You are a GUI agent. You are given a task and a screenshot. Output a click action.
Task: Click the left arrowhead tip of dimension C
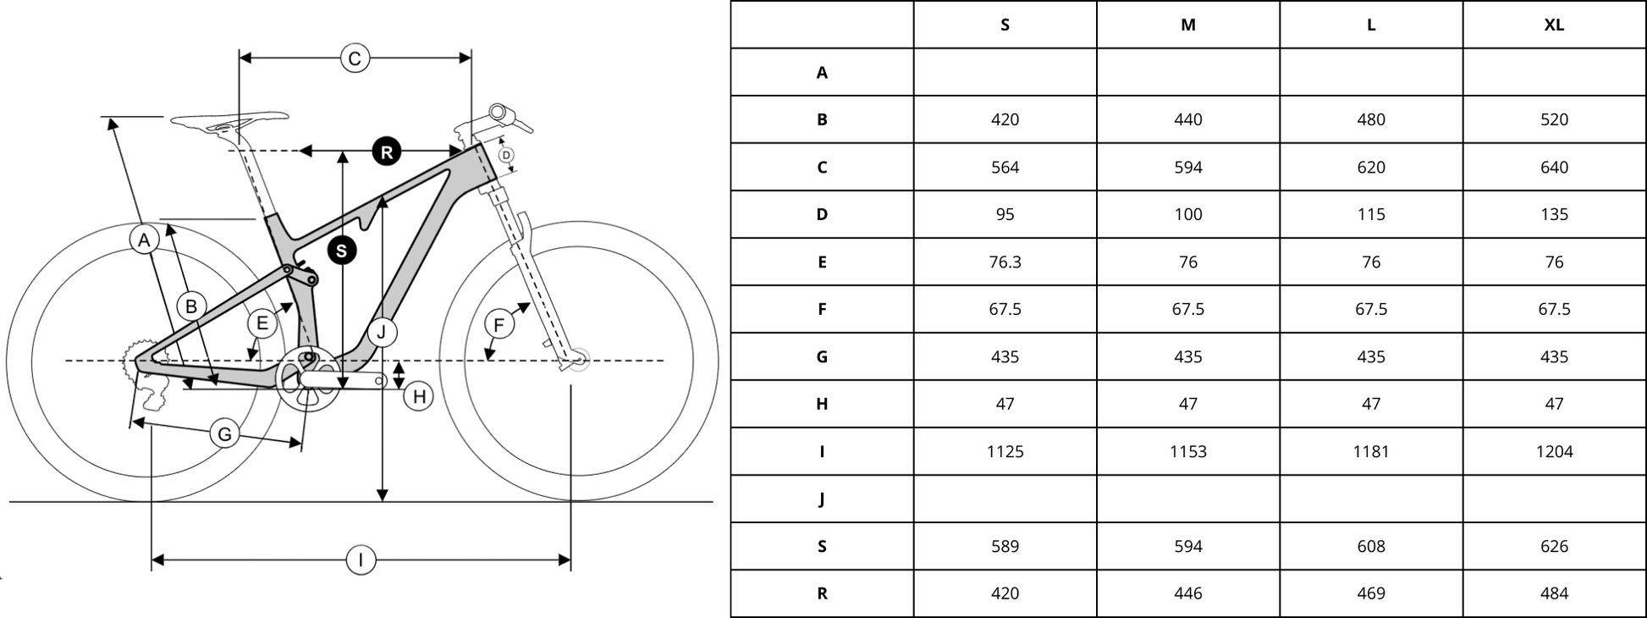click(240, 58)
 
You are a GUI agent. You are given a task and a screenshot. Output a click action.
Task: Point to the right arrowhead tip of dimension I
click(570, 560)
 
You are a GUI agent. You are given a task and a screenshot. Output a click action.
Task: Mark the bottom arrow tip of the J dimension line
click(383, 501)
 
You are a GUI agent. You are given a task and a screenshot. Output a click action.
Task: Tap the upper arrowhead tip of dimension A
click(110, 118)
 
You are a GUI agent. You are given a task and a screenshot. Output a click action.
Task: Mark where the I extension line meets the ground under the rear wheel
click(151, 502)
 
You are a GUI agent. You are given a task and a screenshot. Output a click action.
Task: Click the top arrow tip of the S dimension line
click(342, 152)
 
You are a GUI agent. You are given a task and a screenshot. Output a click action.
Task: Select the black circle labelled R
click(387, 152)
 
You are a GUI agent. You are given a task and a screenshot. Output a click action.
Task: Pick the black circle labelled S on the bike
click(342, 251)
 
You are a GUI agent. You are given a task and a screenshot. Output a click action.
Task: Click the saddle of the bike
click(229, 120)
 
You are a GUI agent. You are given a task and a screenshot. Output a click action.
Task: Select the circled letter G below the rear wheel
click(225, 434)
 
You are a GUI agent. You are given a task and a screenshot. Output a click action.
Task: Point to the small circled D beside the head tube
click(506, 155)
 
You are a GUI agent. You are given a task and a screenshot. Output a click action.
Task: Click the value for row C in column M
click(1188, 167)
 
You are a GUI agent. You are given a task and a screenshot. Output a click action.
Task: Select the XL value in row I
click(1554, 451)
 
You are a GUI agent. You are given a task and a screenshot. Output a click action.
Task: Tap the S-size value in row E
click(1005, 262)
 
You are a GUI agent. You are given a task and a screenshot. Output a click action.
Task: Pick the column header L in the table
click(1371, 25)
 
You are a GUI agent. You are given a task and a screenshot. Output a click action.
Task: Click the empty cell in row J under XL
click(1554, 499)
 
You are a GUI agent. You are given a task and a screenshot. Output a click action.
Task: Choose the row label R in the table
click(822, 593)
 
